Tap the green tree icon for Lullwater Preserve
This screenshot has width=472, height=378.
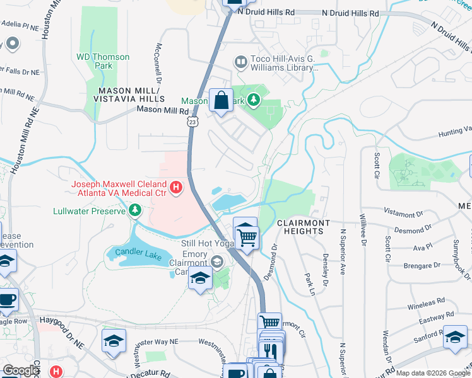click(x=134, y=209)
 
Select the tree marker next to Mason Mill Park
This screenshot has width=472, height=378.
click(x=253, y=100)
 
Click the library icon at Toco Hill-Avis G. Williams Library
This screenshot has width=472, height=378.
click(x=240, y=62)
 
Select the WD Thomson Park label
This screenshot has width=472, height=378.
click(x=103, y=62)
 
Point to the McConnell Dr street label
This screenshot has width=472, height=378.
click(x=160, y=64)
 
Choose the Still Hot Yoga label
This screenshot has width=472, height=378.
click(x=206, y=243)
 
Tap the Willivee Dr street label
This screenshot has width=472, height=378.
click(x=363, y=229)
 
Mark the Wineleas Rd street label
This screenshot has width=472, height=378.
click(x=422, y=303)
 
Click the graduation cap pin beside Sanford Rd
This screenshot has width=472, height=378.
click(x=455, y=338)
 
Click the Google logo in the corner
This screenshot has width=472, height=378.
click(x=21, y=370)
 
